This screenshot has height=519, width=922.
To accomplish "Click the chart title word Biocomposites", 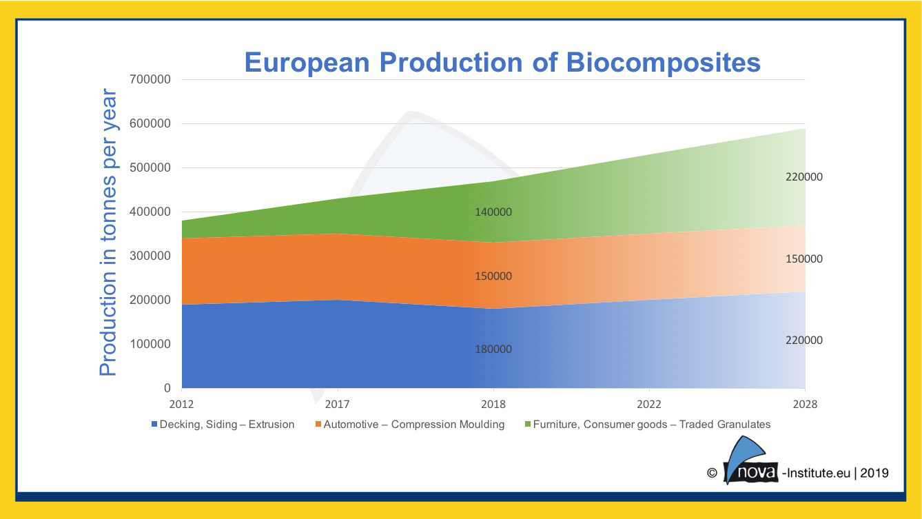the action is pyautogui.click(x=663, y=63).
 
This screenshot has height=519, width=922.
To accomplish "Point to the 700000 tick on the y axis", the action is pyautogui.click(x=150, y=79).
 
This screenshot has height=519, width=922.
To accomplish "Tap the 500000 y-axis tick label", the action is pyautogui.click(x=150, y=167).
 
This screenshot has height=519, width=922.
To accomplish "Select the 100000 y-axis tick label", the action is pyautogui.click(x=150, y=344).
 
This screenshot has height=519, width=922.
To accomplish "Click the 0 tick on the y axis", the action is pyautogui.click(x=167, y=388).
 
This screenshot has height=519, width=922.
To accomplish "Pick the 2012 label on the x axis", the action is pyautogui.click(x=181, y=404).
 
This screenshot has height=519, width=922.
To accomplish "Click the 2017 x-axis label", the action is pyautogui.click(x=338, y=404).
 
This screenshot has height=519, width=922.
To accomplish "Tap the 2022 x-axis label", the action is pyautogui.click(x=649, y=404).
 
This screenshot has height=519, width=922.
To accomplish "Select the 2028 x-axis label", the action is pyautogui.click(x=805, y=404).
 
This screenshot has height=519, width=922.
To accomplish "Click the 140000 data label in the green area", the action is pyautogui.click(x=493, y=212).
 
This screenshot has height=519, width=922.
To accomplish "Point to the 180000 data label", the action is pyautogui.click(x=493, y=349).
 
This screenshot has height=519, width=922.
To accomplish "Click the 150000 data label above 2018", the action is pyautogui.click(x=493, y=276).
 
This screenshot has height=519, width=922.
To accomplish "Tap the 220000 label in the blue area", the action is pyautogui.click(x=804, y=340).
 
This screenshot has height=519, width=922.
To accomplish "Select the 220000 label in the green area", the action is pyautogui.click(x=804, y=176).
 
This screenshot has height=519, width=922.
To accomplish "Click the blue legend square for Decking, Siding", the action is pyautogui.click(x=154, y=424).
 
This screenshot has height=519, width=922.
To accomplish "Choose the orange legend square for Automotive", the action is pyautogui.click(x=318, y=424).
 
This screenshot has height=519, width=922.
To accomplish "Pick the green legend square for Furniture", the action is pyautogui.click(x=528, y=424).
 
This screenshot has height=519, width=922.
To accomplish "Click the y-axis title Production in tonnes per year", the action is pyautogui.click(x=108, y=232).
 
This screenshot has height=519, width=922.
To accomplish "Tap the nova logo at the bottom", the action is pyautogui.click(x=750, y=461).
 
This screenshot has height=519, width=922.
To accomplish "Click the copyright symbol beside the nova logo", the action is pyautogui.click(x=712, y=473).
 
